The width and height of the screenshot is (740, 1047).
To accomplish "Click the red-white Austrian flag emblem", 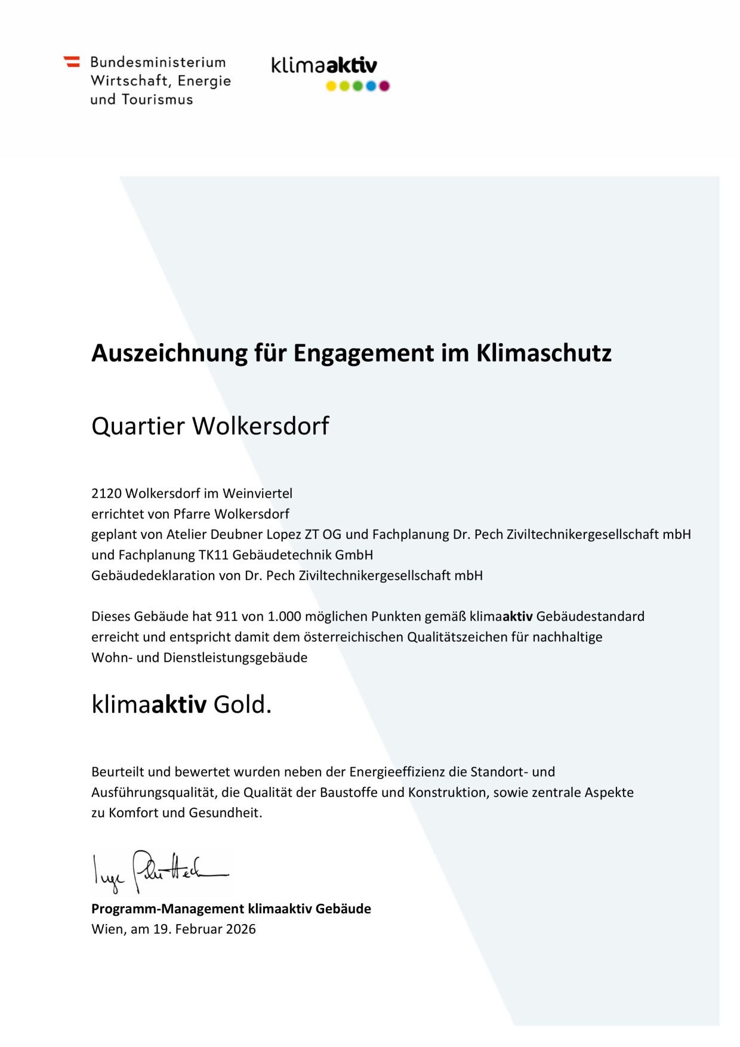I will (x=72, y=61).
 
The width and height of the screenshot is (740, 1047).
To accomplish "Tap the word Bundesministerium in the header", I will (x=158, y=62).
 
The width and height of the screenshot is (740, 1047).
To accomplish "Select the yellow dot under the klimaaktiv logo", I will (x=331, y=86).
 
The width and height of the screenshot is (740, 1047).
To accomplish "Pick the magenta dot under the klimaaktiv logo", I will (x=384, y=86).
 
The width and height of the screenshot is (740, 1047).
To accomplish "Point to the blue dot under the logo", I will (x=371, y=86).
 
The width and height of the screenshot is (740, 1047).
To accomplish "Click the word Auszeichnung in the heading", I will (x=169, y=353).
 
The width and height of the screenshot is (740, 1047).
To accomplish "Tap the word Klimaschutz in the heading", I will (x=544, y=353).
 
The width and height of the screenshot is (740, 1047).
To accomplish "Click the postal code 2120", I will (x=106, y=494).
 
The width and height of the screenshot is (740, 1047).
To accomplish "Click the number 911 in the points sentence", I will (x=226, y=617).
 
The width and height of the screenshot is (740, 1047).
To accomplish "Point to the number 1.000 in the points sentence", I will (x=284, y=617).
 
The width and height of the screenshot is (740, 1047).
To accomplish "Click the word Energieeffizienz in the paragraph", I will (x=397, y=772).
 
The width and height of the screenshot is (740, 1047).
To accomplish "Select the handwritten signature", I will (x=159, y=872).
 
